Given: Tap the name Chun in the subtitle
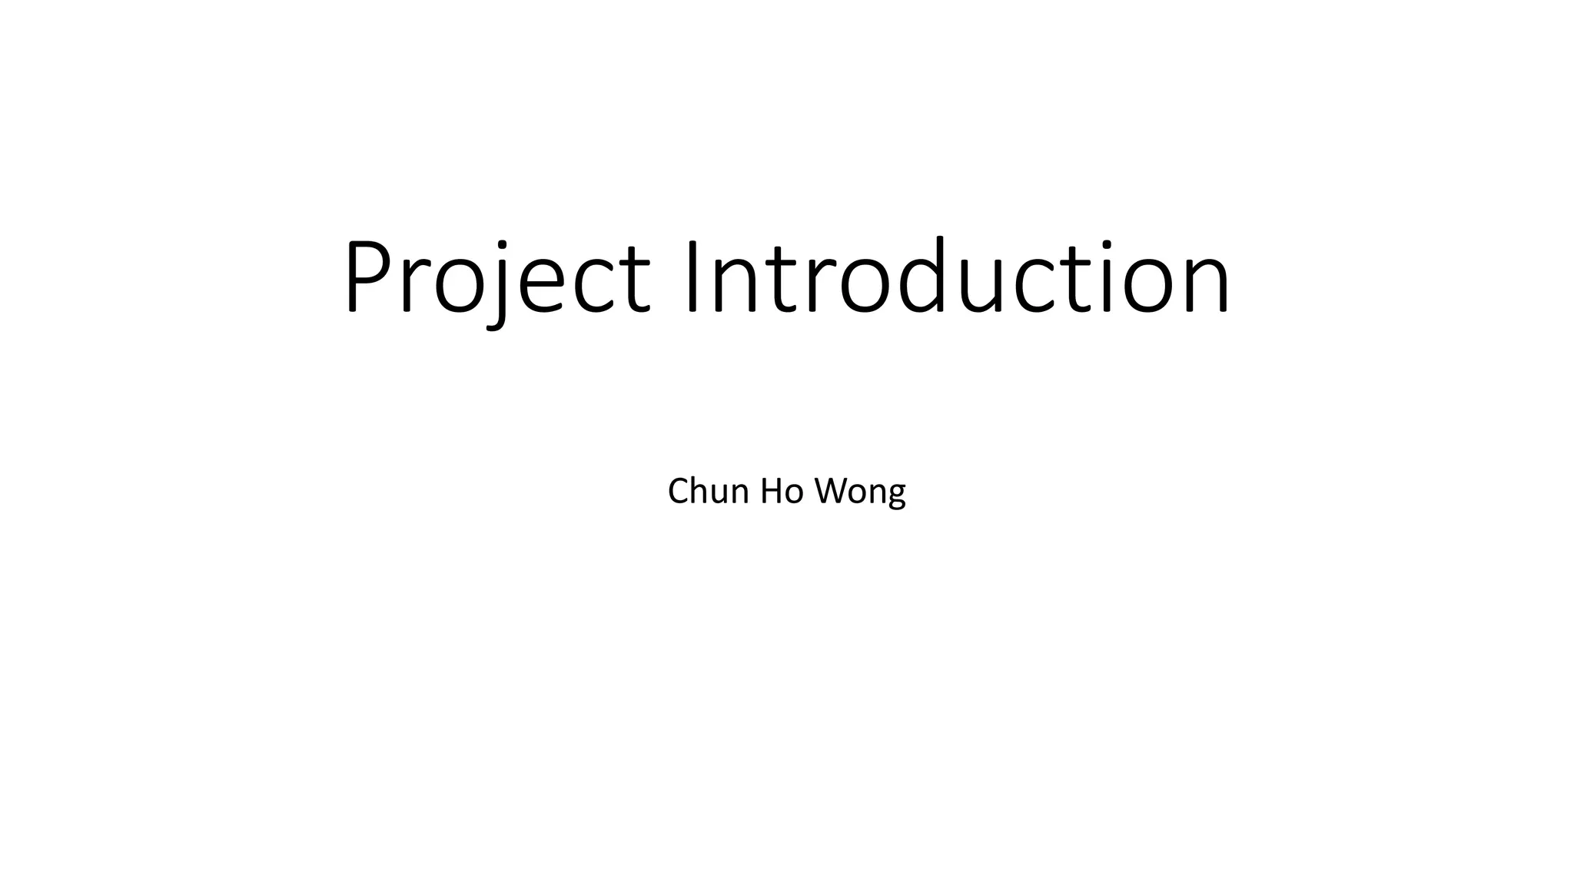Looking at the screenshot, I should pos(708,491).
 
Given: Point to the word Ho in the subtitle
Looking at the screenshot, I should pos(782,491).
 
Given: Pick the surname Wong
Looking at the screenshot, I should pos(860,491).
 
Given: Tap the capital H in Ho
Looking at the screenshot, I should pos(772,491).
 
